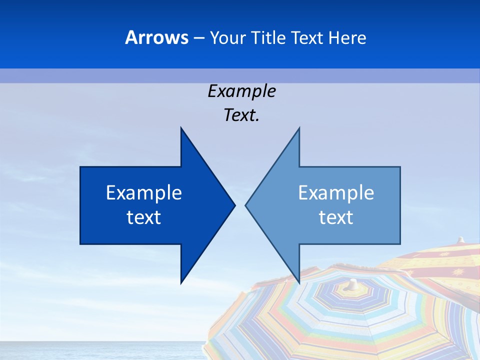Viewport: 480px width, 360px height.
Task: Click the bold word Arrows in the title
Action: point(156,37)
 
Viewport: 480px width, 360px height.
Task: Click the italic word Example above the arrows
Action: point(241,91)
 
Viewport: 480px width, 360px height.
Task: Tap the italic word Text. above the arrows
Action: point(241,115)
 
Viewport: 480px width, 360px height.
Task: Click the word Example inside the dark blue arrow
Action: point(144,192)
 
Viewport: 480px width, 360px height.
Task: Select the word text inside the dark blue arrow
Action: point(144,217)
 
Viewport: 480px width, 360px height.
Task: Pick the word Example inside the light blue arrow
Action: point(336,192)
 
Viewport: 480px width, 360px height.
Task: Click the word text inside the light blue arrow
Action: point(336,217)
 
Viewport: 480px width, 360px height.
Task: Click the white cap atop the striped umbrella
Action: point(353,284)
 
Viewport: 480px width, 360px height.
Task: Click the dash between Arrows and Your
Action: point(198,37)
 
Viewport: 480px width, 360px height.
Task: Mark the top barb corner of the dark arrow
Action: point(181,129)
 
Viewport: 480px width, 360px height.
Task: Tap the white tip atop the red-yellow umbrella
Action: point(461,239)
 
